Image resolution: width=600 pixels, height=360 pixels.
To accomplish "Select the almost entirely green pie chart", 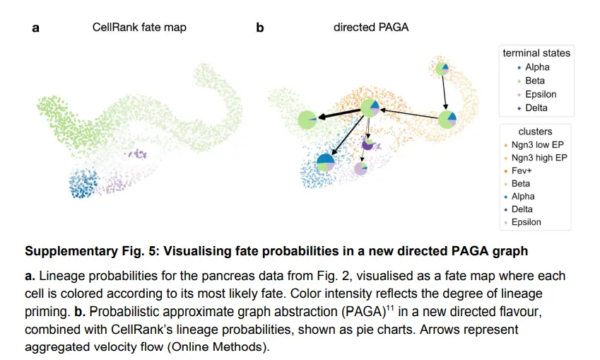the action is pyautogui.click(x=307, y=120).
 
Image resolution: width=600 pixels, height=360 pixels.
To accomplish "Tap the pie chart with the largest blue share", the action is pyautogui.click(x=326, y=163).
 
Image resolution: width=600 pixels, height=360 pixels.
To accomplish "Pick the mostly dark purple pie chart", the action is pyautogui.click(x=367, y=144).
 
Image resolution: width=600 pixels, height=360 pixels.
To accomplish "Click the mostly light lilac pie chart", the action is pyautogui.click(x=360, y=168).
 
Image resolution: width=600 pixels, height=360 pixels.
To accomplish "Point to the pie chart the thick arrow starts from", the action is pyautogui.click(x=370, y=108).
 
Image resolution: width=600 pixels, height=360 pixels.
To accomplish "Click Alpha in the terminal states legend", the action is pyautogui.click(x=537, y=67).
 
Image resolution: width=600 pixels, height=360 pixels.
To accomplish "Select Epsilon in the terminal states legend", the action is pyautogui.click(x=541, y=94).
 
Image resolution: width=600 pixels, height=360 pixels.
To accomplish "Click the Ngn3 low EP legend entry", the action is pyautogui.click(x=537, y=145).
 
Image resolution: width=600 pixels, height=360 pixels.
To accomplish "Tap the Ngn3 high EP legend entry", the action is pyautogui.click(x=539, y=158).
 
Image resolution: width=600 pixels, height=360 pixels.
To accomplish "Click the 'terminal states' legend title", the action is pyautogui.click(x=536, y=53).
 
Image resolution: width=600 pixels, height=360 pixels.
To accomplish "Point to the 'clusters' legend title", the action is pyautogui.click(x=535, y=132).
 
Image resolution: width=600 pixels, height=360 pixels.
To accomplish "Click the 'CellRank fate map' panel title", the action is pyautogui.click(x=139, y=28).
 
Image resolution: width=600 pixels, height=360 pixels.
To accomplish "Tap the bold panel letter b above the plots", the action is pyautogui.click(x=259, y=28).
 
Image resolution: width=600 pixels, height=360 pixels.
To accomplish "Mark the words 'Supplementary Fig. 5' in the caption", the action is pyautogui.click(x=79, y=251).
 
